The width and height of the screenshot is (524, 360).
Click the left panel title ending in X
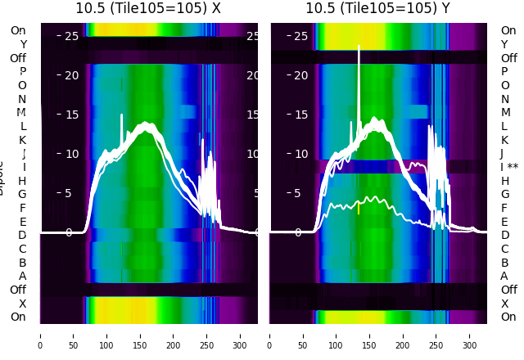pyautogui.click(x=149, y=8)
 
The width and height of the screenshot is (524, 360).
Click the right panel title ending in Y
pyautogui.click(x=379, y=8)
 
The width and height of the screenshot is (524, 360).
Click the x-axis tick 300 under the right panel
pyautogui.click(x=471, y=335)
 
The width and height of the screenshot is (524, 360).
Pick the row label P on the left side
pyautogui.click(x=23, y=71)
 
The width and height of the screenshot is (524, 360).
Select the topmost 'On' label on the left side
pyautogui.click(x=18, y=30)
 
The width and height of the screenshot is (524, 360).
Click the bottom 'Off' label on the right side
pyautogui.click(x=509, y=290)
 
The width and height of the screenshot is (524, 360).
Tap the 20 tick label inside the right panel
pyautogui.click(x=301, y=75)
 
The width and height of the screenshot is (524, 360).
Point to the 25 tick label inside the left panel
pyautogui.click(x=71, y=36)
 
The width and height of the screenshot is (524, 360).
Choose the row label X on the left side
pyautogui.click(x=23, y=304)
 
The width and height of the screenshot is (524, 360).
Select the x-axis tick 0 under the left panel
pyautogui.click(x=40, y=335)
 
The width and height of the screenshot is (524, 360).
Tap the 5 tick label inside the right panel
pyautogui.click(x=298, y=193)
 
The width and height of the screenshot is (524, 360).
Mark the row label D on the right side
pyautogui.click(x=505, y=236)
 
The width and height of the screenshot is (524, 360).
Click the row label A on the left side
pyautogui.click(x=23, y=276)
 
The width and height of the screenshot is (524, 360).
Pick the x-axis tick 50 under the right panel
pyautogui.click(x=303, y=335)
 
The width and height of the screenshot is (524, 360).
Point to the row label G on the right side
pyautogui.click(x=505, y=194)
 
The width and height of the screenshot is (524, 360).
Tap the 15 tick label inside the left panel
pyautogui.click(x=71, y=115)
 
